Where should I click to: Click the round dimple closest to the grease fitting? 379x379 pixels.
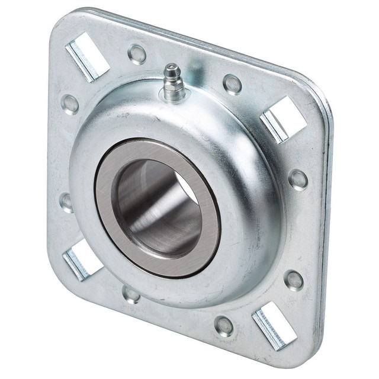[137, 54]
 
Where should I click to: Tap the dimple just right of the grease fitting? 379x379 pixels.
[232, 84]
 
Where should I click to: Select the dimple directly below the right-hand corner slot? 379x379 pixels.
[298, 179]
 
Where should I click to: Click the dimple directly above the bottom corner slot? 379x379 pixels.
[294, 280]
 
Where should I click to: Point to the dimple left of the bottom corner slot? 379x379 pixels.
[224, 326]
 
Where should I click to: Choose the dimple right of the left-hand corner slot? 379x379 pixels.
[131, 293]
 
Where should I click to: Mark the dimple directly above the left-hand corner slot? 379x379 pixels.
[67, 202]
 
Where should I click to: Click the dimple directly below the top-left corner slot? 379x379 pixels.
[70, 104]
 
